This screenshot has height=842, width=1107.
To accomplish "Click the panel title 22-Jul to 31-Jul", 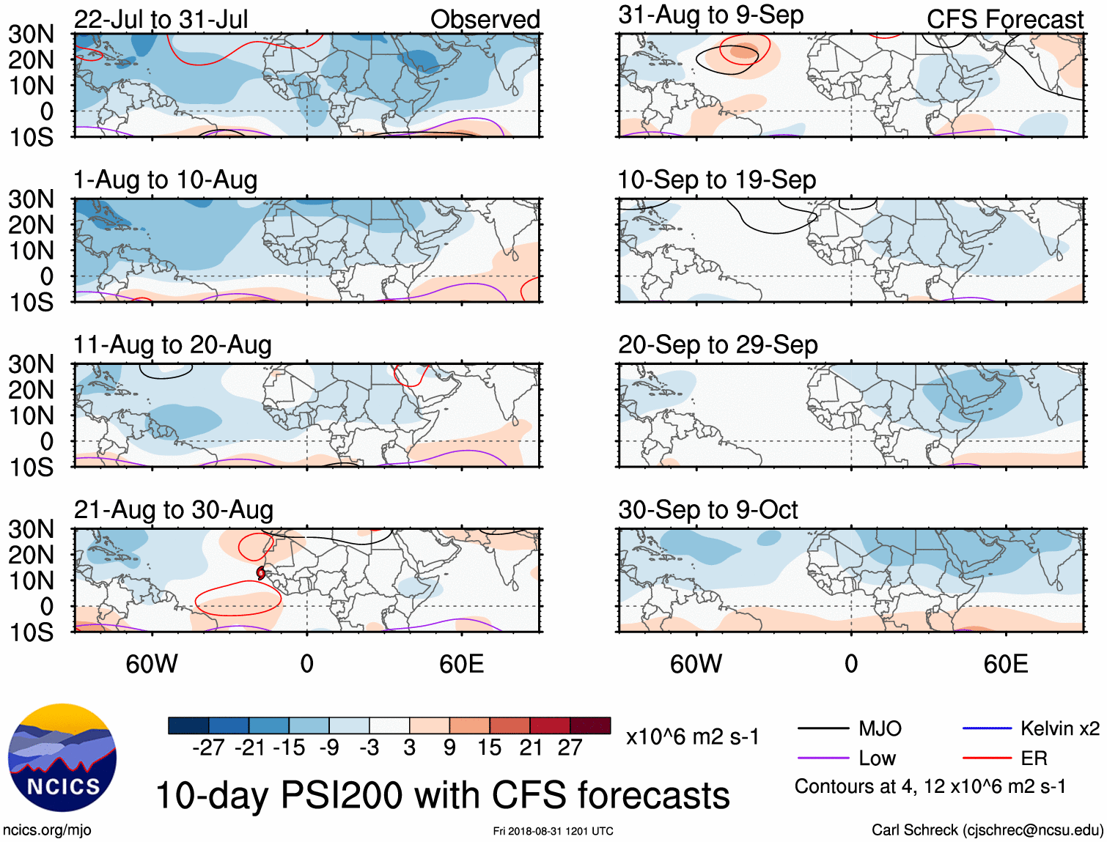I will (161, 19).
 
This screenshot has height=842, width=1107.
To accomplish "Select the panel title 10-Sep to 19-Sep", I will (716, 180).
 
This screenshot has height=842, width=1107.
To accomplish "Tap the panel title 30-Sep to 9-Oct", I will (707, 509).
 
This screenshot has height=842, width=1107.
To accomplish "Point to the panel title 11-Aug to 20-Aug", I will (172, 344).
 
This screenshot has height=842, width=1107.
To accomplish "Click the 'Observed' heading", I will (485, 19).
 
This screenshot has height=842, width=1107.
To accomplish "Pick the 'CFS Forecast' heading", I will (1004, 19).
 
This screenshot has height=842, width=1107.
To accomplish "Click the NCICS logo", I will (62, 758).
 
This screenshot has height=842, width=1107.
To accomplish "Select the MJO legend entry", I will (879, 728).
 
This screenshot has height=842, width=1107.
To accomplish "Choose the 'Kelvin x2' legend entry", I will (1059, 728).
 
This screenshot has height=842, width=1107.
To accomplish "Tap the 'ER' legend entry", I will (1034, 758).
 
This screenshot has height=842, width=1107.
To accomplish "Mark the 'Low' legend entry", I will (877, 758).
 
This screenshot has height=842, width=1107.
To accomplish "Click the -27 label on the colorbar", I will (208, 747).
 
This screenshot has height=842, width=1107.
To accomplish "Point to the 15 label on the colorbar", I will (489, 747).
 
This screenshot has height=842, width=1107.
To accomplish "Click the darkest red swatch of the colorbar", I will (590, 725).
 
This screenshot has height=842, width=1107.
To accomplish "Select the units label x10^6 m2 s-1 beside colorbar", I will (692, 736).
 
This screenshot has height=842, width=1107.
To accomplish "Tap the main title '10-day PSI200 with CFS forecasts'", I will (443, 795).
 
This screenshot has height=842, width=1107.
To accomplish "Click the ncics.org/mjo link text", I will (47, 830).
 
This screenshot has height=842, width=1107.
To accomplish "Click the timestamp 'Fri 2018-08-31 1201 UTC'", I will (553, 831).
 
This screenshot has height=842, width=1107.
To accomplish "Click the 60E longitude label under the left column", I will (461, 664).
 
